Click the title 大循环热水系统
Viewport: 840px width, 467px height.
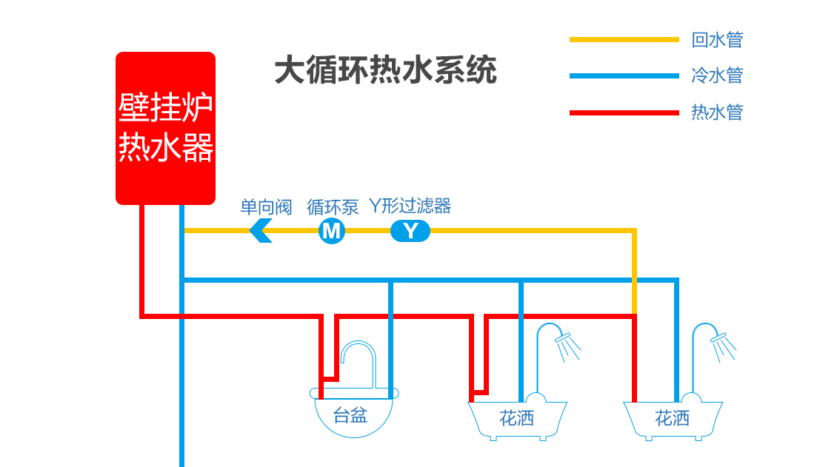pyautogui.click(x=385, y=72)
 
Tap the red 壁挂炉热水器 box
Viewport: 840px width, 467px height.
pyautogui.click(x=165, y=127)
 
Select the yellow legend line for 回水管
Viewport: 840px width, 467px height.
pyautogui.click(x=624, y=39)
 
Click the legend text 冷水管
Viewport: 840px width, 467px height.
pyautogui.click(x=716, y=75)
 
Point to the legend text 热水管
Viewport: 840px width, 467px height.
pyautogui.click(x=716, y=112)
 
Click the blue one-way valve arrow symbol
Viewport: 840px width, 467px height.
pyautogui.click(x=261, y=231)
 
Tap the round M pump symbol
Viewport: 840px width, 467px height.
pyautogui.click(x=332, y=231)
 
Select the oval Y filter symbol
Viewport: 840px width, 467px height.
pyautogui.click(x=410, y=231)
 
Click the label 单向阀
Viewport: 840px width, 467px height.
pyautogui.click(x=266, y=206)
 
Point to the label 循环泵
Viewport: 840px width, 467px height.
pyautogui.click(x=333, y=206)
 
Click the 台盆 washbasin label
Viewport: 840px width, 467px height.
pyautogui.click(x=350, y=415)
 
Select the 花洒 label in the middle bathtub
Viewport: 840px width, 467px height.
pyautogui.click(x=516, y=419)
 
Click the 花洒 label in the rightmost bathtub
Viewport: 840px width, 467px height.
pyautogui.click(x=672, y=419)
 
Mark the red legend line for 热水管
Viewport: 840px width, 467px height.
pyautogui.click(x=624, y=112)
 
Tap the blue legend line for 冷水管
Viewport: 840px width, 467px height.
pyautogui.click(x=624, y=75)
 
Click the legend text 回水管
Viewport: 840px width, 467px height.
pyautogui.click(x=716, y=39)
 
